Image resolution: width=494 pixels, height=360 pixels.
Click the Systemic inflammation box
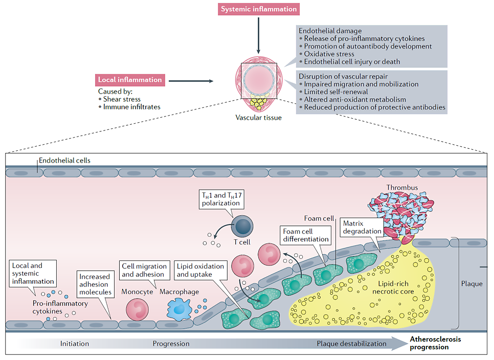click(259, 9)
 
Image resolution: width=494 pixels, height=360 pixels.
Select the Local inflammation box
click(129, 80)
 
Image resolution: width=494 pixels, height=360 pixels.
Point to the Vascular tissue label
click(258, 118)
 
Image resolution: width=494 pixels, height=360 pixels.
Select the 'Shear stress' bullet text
click(122, 99)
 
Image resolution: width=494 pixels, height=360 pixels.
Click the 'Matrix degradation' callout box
click(362, 227)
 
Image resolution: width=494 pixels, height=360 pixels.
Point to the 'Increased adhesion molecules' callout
click(95, 284)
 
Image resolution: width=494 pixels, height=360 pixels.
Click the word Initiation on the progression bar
click(75, 344)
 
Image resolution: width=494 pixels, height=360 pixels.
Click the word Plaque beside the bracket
click(471, 283)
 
